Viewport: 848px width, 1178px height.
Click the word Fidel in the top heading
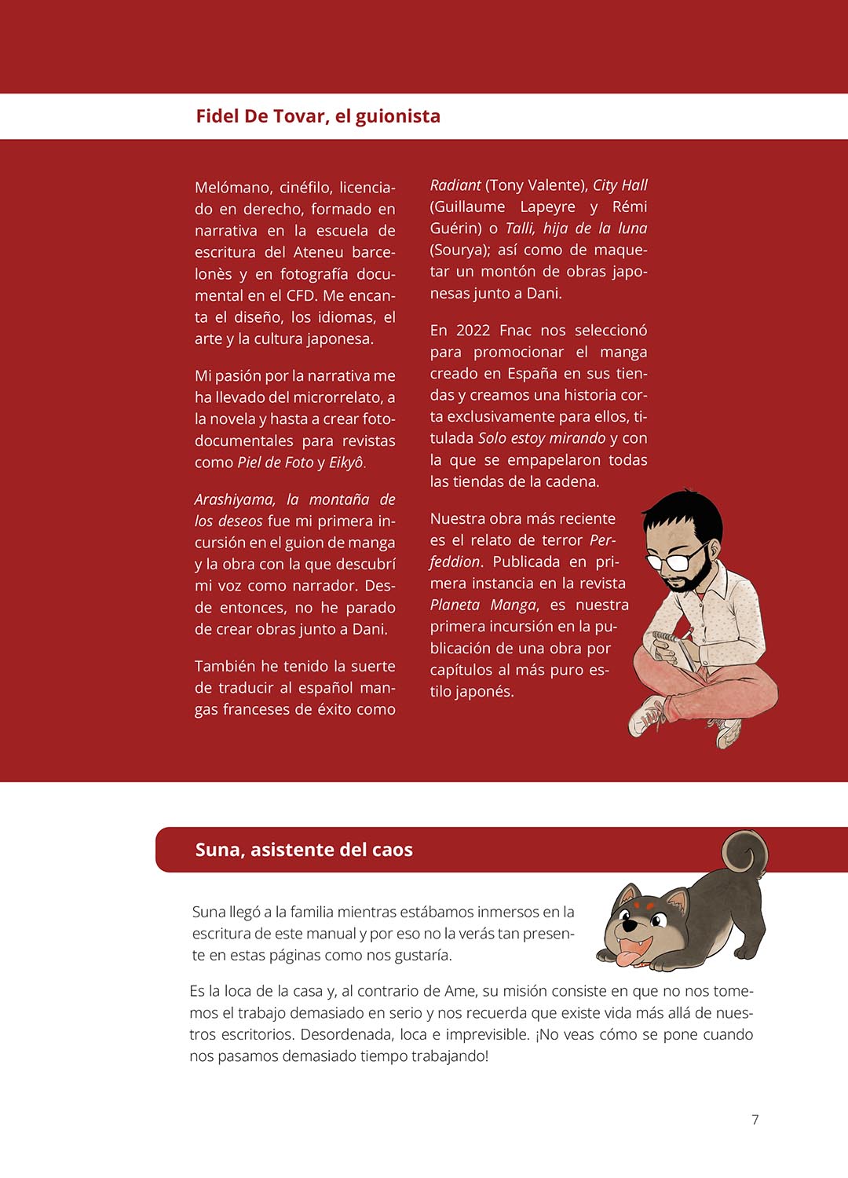217,116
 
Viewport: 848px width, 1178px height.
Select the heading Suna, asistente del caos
304,850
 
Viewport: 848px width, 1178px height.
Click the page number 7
755,1120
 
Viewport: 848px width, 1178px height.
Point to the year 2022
473,331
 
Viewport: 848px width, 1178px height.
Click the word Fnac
516,331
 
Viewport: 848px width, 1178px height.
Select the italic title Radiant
455,185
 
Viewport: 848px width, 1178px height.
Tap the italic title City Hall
620,185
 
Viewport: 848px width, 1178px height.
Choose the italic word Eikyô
346,463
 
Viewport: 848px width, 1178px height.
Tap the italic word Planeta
455,605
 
